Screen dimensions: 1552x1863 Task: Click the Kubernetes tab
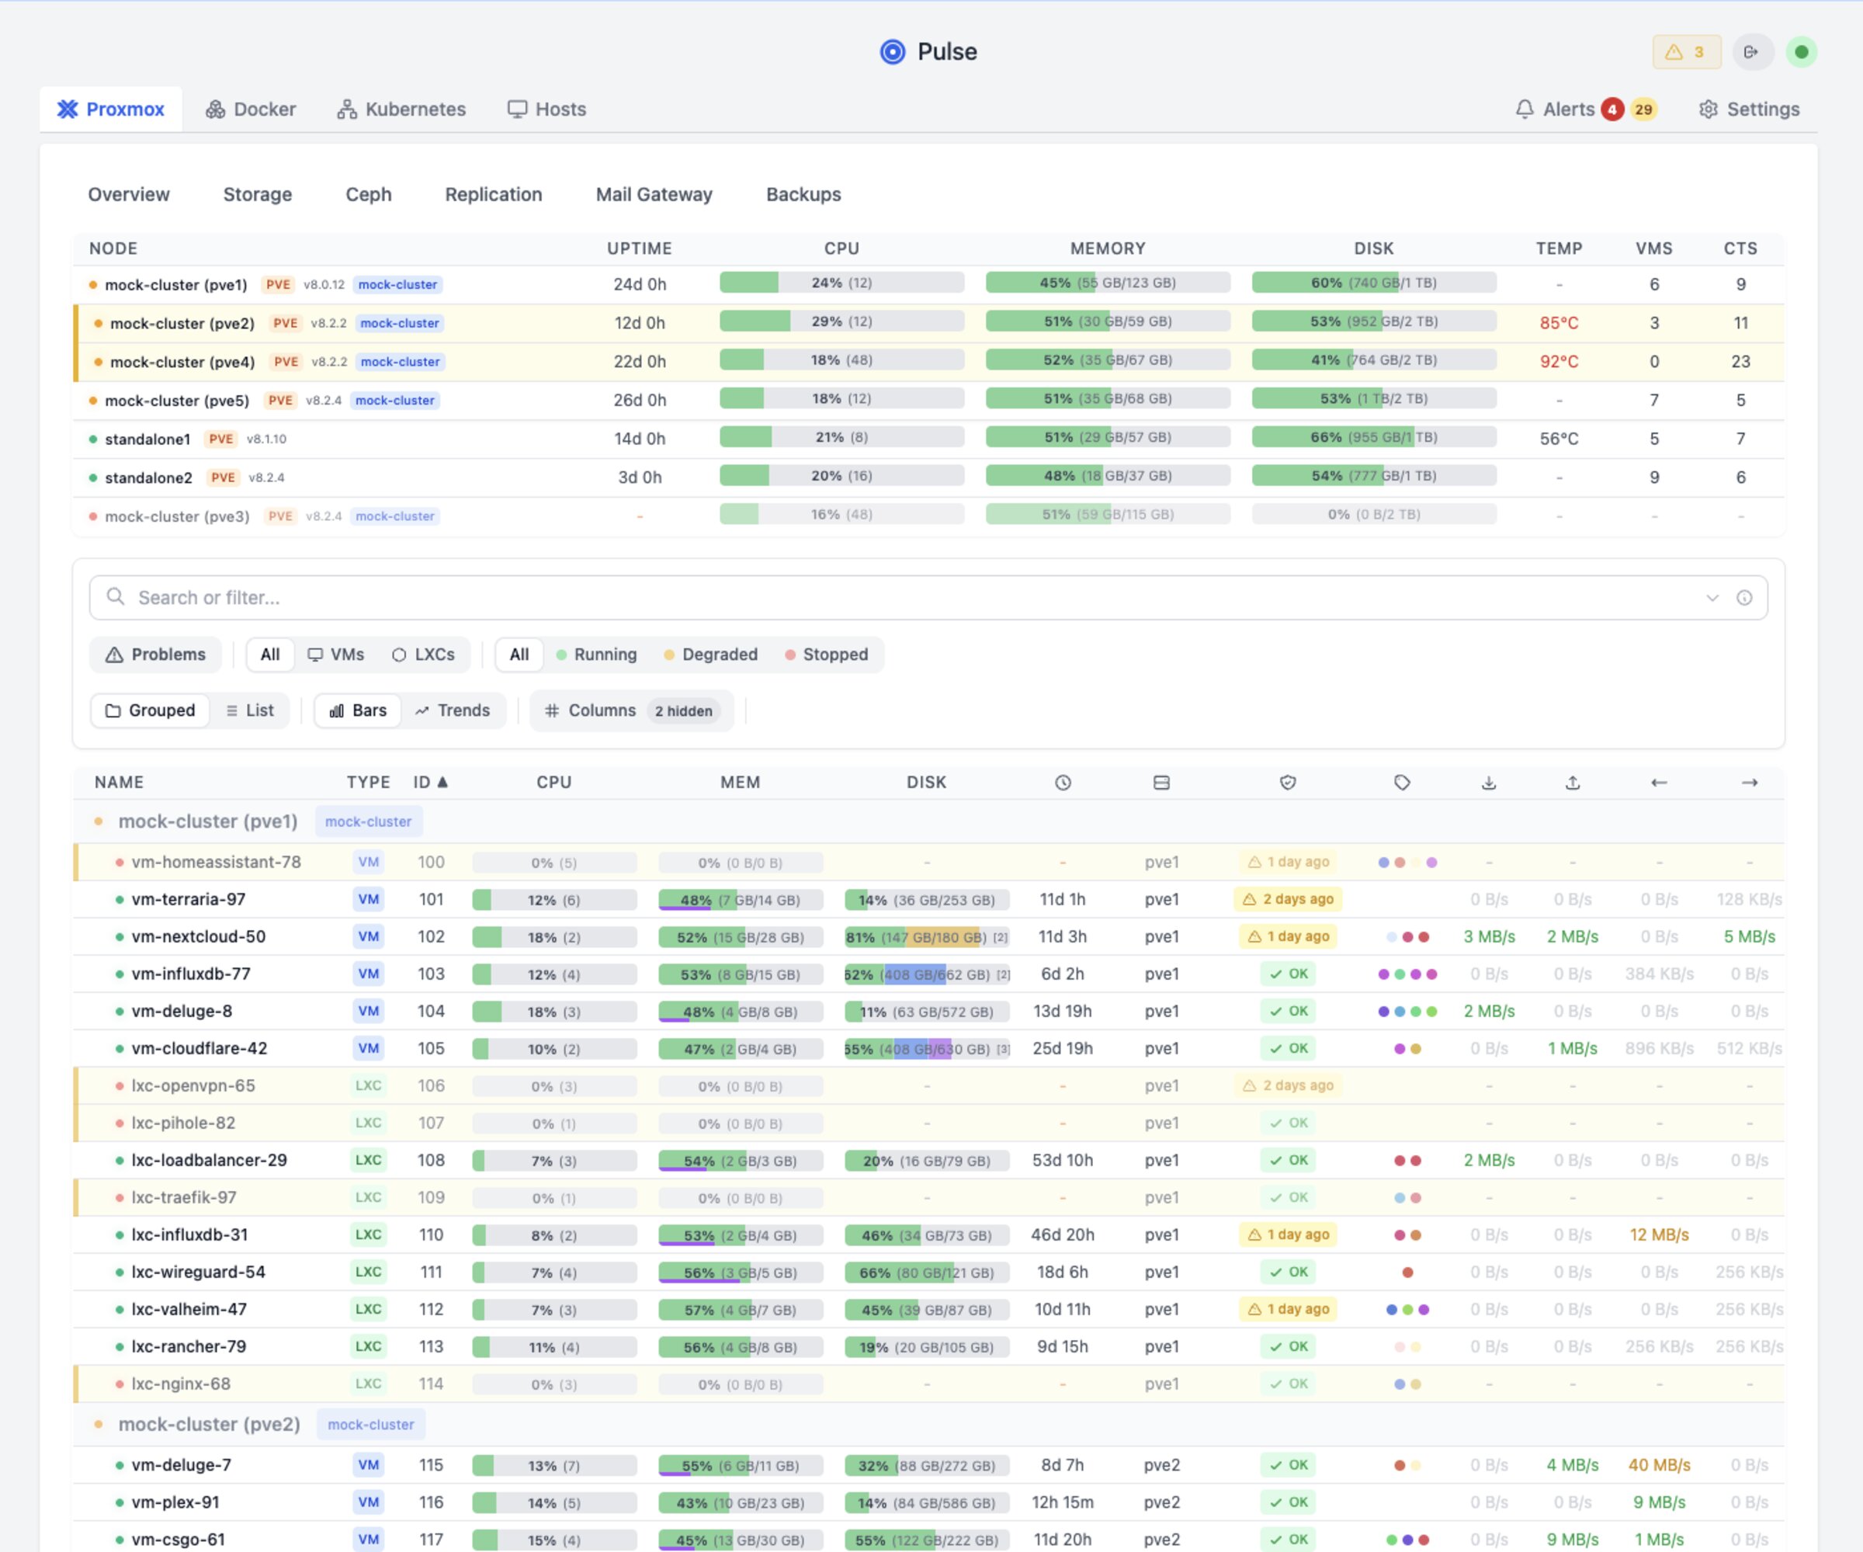402,109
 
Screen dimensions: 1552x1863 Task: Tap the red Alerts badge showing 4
1612,109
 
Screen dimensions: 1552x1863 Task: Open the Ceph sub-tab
368,194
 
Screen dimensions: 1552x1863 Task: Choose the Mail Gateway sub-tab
654,194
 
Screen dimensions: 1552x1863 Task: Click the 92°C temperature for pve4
1559,361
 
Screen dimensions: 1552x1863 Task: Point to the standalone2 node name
148,477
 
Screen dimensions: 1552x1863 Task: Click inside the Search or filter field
887,597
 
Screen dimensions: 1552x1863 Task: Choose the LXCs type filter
423,654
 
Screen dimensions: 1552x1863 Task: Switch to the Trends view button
453,710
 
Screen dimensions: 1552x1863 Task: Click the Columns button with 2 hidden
631,710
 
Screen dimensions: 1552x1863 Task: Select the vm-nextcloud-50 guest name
198,936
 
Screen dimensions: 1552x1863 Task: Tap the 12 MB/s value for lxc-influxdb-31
1658,1234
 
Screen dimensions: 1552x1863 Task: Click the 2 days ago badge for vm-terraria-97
1288,899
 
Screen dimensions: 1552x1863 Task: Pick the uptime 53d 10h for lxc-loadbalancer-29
1062,1160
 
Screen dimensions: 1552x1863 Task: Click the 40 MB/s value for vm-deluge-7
1658,1465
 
